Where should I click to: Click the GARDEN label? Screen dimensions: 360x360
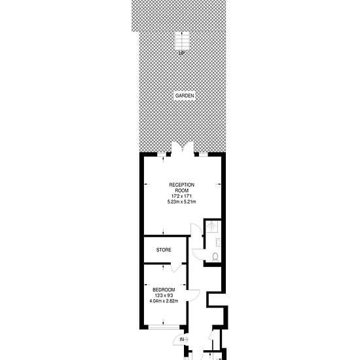(x=185, y=96)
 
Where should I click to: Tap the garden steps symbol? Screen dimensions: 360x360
(x=182, y=41)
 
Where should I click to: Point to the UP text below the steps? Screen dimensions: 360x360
(x=181, y=54)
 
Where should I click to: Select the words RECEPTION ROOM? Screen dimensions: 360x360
(x=181, y=188)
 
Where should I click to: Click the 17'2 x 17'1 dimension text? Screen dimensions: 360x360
(x=181, y=196)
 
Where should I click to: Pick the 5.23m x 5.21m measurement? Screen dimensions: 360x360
(x=181, y=202)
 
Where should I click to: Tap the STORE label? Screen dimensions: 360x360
(x=164, y=250)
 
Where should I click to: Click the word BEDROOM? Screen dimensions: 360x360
(x=164, y=290)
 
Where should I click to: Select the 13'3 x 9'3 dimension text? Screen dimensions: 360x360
(x=164, y=295)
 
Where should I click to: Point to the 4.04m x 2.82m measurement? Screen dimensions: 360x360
(x=164, y=301)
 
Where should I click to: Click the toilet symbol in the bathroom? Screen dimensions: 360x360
(x=215, y=257)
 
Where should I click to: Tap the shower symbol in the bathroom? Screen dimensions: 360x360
(x=212, y=226)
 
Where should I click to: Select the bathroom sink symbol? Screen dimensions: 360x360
(x=219, y=242)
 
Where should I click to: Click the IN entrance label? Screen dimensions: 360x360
(x=184, y=339)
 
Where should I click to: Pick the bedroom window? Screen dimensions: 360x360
(x=164, y=327)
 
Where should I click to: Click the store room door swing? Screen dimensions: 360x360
(x=176, y=268)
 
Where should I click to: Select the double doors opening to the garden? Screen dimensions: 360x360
(x=183, y=148)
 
